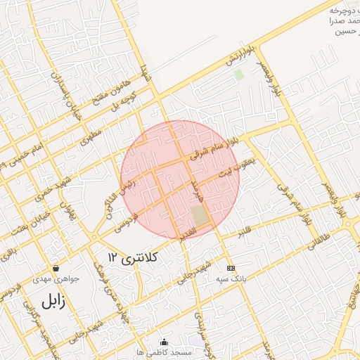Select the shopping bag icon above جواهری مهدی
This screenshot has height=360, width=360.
56,268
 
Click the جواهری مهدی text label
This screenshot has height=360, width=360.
56,279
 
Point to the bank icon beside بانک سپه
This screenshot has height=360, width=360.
230,268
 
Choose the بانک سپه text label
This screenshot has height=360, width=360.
231,279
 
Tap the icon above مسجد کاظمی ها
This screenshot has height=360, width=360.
165,342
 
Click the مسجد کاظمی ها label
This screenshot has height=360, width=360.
165,352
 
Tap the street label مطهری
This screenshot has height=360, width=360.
91,134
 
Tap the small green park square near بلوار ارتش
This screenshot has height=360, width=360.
239,74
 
